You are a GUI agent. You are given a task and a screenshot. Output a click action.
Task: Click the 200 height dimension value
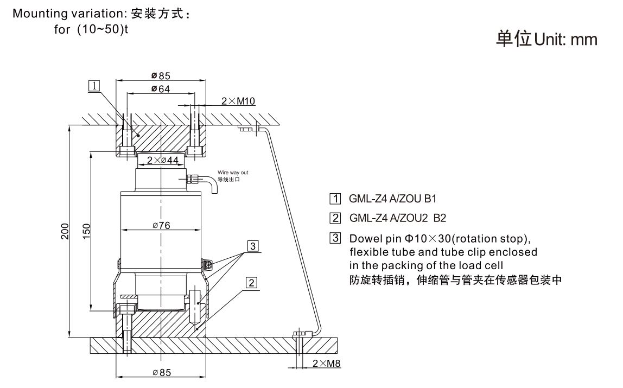point(64,231)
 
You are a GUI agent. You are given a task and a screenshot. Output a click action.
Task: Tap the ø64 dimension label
point(161,89)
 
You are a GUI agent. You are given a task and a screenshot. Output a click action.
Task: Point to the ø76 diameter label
point(161,226)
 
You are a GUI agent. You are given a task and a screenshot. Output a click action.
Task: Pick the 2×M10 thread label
point(238,101)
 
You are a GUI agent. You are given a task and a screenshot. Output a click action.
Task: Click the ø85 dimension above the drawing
point(161,75)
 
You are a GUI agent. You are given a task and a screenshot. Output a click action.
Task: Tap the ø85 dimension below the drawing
point(162,372)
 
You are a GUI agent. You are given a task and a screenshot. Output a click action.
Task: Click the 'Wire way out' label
point(233,173)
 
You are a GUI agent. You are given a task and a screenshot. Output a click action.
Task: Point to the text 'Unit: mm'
point(565,39)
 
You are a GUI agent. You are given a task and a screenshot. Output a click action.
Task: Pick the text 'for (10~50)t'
point(91,29)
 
